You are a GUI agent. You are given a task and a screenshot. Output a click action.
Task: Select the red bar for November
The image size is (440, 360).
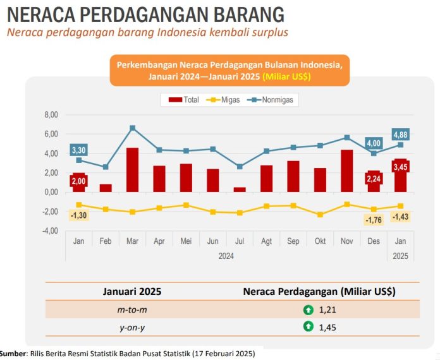tap(346, 171)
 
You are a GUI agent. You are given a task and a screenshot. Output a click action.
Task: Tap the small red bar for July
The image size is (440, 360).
tap(239, 189)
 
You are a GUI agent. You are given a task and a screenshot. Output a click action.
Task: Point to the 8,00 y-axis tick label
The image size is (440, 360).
tap(51, 115)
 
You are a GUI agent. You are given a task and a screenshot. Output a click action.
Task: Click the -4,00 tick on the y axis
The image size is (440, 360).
tap(50, 231)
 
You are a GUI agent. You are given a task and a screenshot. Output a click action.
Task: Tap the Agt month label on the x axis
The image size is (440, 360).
tap(266, 242)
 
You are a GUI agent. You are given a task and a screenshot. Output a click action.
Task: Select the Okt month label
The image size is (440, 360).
tap(320, 242)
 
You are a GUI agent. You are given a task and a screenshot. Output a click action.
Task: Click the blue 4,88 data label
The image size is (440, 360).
tap(401, 134)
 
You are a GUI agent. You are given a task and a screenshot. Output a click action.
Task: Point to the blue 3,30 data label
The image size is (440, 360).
tap(79, 150)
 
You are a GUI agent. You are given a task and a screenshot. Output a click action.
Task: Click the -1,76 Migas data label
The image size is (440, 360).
tap(374, 220)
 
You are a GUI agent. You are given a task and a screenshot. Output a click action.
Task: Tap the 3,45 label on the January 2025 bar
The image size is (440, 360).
tap(400, 167)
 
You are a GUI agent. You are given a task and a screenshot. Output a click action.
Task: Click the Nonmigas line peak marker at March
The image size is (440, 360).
tap(132, 128)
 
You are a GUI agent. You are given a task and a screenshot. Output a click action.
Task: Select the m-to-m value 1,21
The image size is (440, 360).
tap(328, 309)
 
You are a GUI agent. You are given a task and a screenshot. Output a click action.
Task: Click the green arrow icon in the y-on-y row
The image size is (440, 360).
tap(308, 327)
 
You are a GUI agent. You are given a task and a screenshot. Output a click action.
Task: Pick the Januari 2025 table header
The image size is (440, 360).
tap(132, 291)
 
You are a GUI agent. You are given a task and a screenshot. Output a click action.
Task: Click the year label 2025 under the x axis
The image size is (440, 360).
tap(400, 256)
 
